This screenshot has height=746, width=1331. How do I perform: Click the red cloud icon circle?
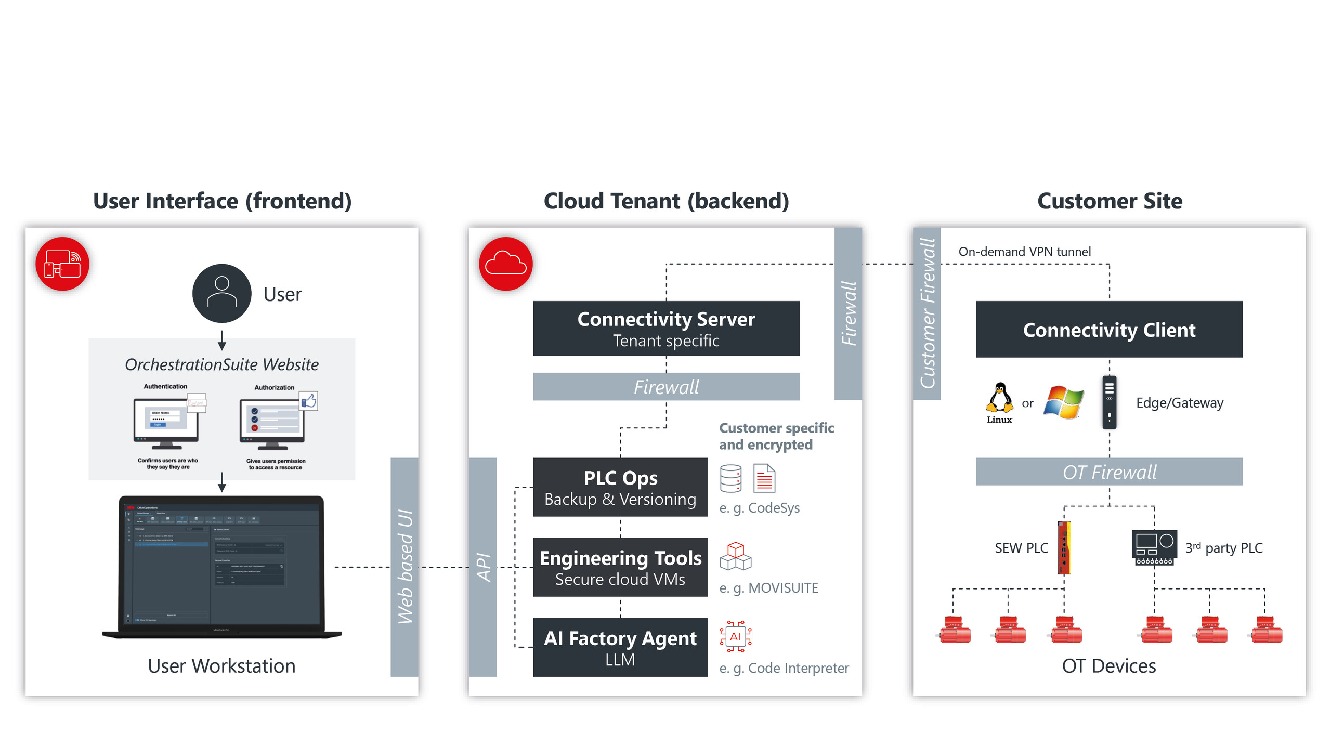coord(505,264)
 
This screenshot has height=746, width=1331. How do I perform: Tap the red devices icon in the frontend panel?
coord(62,264)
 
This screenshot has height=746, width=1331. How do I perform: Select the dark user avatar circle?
coord(221,293)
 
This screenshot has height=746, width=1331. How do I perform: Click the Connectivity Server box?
coord(666,329)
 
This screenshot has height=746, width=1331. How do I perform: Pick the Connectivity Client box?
coord(1109,329)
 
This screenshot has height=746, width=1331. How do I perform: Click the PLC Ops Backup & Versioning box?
coord(620,487)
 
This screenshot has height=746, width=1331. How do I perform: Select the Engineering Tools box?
coord(620,567)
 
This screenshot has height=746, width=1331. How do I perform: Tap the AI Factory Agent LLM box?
coord(620,647)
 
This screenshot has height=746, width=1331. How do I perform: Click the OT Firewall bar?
coord(1109,472)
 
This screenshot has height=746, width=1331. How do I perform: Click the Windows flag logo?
coord(1064,402)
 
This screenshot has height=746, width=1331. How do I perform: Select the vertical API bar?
coord(483,567)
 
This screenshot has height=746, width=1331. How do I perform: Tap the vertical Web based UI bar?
coord(404,567)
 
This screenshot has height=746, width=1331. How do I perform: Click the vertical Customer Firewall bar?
coord(927,313)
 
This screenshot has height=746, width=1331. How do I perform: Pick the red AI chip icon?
coord(735,636)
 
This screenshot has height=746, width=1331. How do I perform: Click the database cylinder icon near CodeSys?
coord(730,478)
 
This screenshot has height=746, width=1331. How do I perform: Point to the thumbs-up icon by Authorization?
coord(309,401)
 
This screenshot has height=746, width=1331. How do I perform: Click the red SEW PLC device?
coord(1064,547)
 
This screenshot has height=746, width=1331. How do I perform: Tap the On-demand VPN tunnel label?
coord(1024,252)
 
